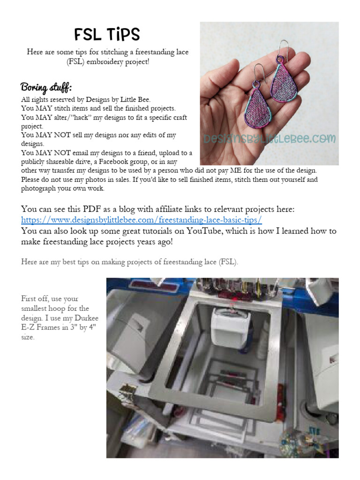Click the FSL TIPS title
(107, 34)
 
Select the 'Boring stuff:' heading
(46, 88)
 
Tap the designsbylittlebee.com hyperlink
(141, 220)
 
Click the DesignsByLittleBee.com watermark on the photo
(269, 139)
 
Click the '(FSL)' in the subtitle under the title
(76, 61)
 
